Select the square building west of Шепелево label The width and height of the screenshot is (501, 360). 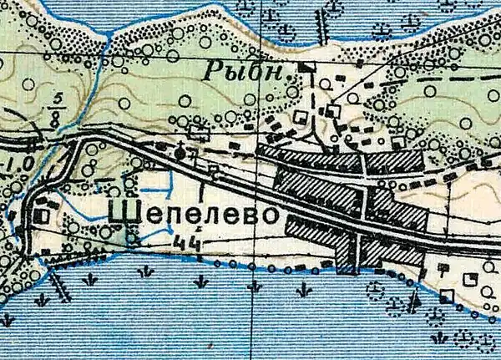click(x=43, y=215)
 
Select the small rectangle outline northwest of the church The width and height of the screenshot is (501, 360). click(x=198, y=130)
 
